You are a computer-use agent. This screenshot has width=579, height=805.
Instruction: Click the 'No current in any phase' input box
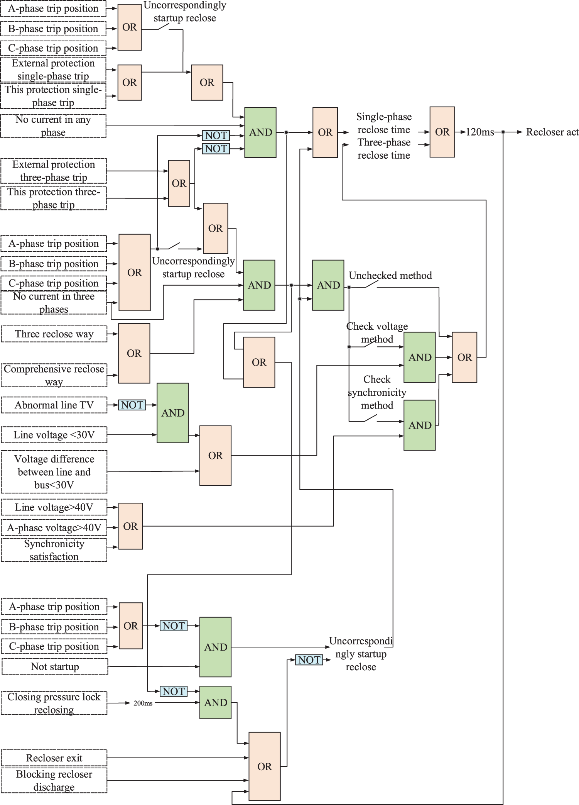53,126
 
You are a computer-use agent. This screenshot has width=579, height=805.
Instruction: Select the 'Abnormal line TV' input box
54,405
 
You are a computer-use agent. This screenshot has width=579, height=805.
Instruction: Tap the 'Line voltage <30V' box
54,435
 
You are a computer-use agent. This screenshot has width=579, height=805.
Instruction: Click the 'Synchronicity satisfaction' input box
54,550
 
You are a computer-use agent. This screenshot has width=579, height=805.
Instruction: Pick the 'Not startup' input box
55,667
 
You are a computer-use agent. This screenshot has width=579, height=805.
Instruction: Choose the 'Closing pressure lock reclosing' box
54,703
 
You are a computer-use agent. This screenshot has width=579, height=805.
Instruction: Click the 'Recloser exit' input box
54,758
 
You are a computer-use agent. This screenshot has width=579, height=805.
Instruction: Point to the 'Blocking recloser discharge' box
54,781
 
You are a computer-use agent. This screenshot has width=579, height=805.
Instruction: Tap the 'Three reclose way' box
54,334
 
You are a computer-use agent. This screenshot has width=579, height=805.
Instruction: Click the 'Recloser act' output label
552,132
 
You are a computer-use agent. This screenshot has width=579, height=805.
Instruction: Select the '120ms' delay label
480,132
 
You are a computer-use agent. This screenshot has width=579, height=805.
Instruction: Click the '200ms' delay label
143,703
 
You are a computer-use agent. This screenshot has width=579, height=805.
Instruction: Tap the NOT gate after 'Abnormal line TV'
132,405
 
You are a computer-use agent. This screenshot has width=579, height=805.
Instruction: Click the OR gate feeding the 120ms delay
442,132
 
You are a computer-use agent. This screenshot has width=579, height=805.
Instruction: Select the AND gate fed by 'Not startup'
215,647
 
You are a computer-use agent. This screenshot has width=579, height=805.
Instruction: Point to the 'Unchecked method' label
390,276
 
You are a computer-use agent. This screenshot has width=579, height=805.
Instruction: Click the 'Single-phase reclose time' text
384,123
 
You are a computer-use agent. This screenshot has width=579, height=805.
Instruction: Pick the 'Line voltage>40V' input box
54,507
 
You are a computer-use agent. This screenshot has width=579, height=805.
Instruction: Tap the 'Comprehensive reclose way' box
54,375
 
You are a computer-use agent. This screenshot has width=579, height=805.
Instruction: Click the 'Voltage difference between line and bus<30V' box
54,472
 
